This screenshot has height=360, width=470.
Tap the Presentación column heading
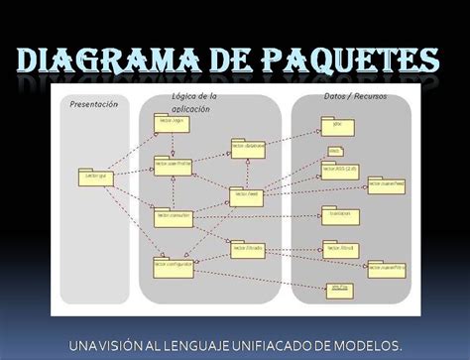[93, 103]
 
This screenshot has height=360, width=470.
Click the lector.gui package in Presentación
[92, 176]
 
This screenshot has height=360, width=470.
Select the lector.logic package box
[171, 123]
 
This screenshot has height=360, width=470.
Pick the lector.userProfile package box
[173, 166]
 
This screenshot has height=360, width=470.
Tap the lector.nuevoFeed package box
[386, 185]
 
